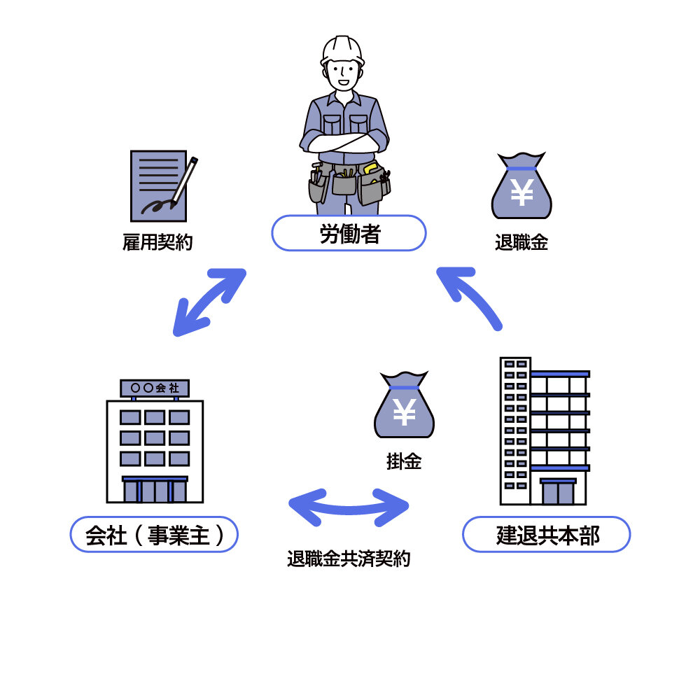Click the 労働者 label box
click(349, 233)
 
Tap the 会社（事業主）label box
click(154, 535)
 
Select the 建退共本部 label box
click(547, 535)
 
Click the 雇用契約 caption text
click(157, 243)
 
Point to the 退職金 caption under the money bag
click(521, 243)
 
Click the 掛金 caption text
click(404, 461)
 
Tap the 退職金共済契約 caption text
click(349, 559)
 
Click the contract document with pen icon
click(159, 186)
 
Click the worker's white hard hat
click(342, 50)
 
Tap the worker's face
click(343, 73)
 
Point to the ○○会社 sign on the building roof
click(155, 388)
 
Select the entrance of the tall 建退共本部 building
click(558, 491)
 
